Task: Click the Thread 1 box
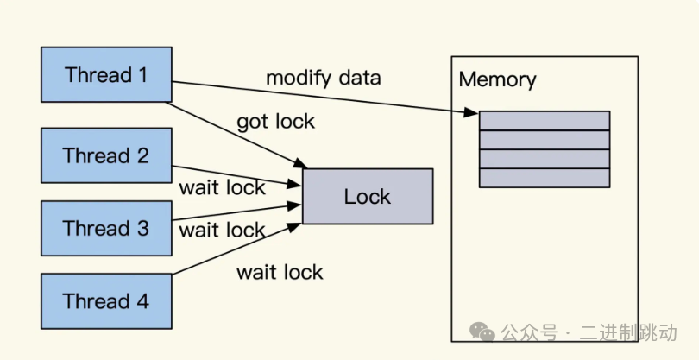click(x=106, y=75)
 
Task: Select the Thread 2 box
click(x=106, y=155)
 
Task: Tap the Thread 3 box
click(x=106, y=229)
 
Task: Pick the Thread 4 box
click(x=106, y=301)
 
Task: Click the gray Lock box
click(x=367, y=197)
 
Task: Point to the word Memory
click(x=497, y=80)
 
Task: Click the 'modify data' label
click(x=323, y=78)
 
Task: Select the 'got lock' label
click(x=275, y=122)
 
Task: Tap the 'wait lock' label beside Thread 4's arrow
click(x=280, y=273)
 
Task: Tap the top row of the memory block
click(x=545, y=121)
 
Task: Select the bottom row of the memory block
click(x=545, y=178)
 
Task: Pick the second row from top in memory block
click(x=545, y=140)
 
